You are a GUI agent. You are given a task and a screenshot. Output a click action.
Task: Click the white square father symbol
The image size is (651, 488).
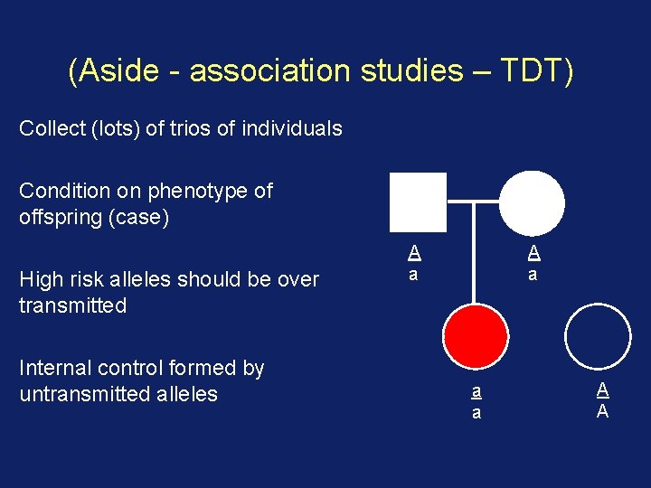point(418,202)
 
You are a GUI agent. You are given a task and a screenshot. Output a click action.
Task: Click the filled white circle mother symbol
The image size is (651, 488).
point(533,202)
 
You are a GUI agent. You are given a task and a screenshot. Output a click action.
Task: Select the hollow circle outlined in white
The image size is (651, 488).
point(598,333)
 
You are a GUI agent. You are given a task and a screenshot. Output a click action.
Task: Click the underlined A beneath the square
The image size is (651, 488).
point(413,252)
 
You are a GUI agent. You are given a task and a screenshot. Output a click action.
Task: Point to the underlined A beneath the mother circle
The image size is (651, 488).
point(533,252)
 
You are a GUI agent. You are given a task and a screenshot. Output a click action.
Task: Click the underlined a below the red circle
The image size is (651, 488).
point(476,392)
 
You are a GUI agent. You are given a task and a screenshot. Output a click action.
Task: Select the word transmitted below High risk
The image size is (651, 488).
point(72,305)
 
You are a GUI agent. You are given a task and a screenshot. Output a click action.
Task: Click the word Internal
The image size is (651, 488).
point(55,368)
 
